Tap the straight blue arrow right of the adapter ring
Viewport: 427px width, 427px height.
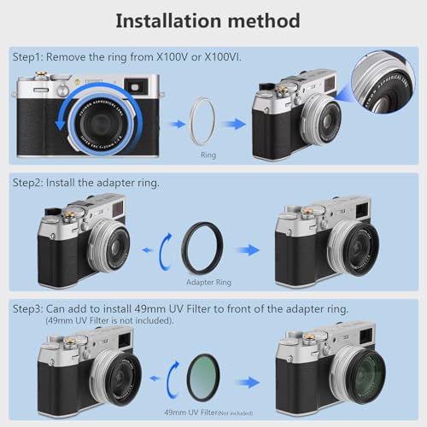[x=249, y=250]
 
